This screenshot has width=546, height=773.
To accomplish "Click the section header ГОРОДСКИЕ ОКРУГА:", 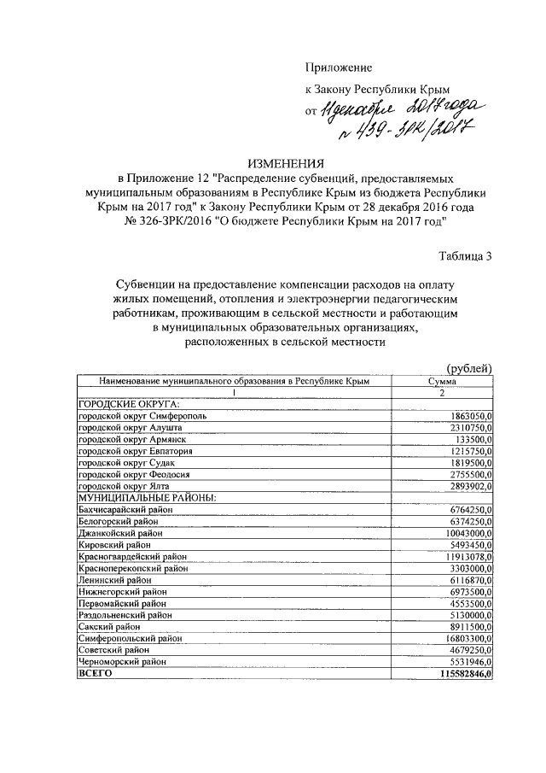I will coord(128,403).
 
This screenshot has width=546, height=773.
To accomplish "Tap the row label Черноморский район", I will coord(121,662).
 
